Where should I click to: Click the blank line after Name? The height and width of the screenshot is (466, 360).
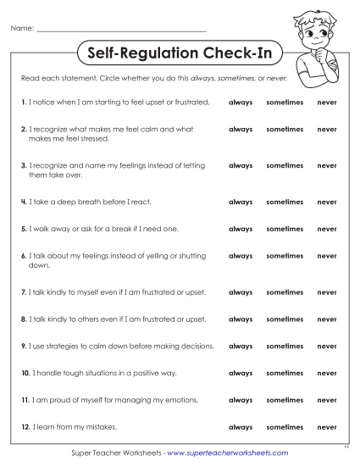(122, 30)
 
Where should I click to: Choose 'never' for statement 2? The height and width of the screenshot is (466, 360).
(327, 130)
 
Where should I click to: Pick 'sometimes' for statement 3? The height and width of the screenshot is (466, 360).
(285, 166)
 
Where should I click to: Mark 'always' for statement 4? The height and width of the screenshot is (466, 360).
(241, 202)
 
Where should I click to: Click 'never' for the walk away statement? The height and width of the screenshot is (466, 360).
(327, 229)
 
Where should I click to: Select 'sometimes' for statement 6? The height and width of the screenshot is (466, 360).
(285, 256)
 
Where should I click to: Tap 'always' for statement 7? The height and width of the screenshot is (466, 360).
(241, 292)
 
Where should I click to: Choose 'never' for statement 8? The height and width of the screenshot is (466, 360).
(327, 319)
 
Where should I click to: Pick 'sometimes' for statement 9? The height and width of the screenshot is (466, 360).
(285, 347)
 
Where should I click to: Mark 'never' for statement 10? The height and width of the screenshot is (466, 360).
(327, 374)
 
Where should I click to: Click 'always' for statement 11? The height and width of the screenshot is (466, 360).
(241, 401)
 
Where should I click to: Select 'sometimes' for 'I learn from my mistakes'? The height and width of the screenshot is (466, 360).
(285, 428)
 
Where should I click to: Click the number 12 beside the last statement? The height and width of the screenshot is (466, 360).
(25, 426)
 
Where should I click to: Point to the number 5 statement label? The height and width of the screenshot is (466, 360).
(24, 229)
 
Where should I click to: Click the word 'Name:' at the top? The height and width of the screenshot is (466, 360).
(22, 29)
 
